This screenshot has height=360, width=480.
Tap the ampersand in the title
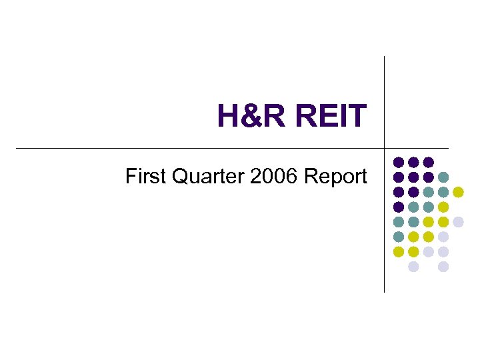tap(255, 116)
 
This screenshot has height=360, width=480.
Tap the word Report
tap(335, 177)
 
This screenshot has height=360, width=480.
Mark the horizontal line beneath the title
tap(200, 147)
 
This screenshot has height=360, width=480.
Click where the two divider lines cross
tap(385, 147)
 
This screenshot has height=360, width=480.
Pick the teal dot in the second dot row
tap(443, 177)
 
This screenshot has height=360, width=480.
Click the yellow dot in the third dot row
tap(458, 192)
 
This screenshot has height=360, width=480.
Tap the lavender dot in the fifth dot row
tap(458, 221)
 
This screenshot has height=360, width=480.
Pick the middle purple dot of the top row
tap(413, 162)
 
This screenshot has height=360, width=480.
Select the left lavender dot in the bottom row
tap(413, 267)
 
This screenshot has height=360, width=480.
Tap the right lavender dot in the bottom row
tap(443, 267)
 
